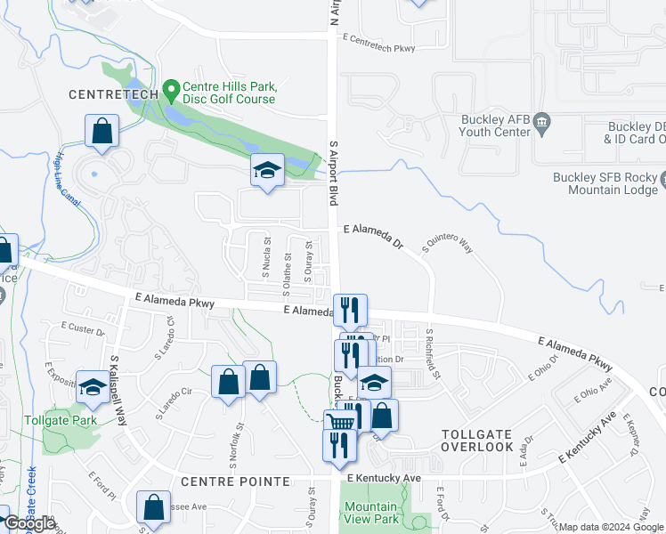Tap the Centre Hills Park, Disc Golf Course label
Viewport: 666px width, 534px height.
pyautogui.click(x=230, y=93)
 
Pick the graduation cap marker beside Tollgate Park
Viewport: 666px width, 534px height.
pyautogui.click(x=92, y=387)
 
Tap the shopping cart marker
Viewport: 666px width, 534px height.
pyautogui.click(x=339, y=422)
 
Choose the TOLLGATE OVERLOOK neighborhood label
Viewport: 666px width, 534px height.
pyautogui.click(x=477, y=440)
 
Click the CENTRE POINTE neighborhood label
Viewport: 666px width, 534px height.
pyautogui.click(x=235, y=481)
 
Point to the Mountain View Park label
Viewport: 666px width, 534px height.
pyautogui.click(x=371, y=513)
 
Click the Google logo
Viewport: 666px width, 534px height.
pyautogui.click(x=29, y=524)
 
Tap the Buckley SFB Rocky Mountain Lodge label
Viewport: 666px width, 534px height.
pyautogui.click(x=603, y=182)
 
